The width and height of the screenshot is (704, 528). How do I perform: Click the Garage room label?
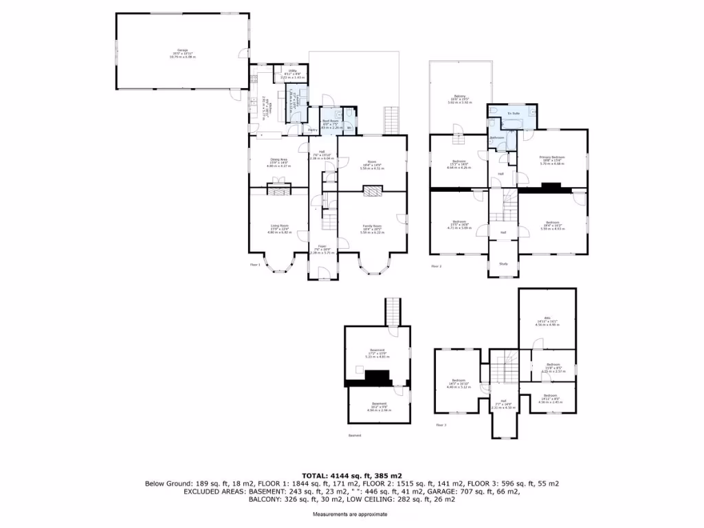coord(183,50)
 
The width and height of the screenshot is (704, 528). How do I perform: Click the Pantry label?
coord(311,129)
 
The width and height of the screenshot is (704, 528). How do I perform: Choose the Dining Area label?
coord(278,159)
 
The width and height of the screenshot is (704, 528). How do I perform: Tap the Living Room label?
coord(279,226)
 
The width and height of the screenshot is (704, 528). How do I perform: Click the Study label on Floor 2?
coord(503,263)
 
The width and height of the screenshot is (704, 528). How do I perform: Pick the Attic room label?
coord(548,321)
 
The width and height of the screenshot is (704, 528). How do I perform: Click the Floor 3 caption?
coord(441,425)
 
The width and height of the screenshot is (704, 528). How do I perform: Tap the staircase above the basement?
coord(393,313)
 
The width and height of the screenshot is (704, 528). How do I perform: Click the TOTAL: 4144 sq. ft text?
coord(351,475)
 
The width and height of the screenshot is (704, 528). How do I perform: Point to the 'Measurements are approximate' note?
coord(350,514)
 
